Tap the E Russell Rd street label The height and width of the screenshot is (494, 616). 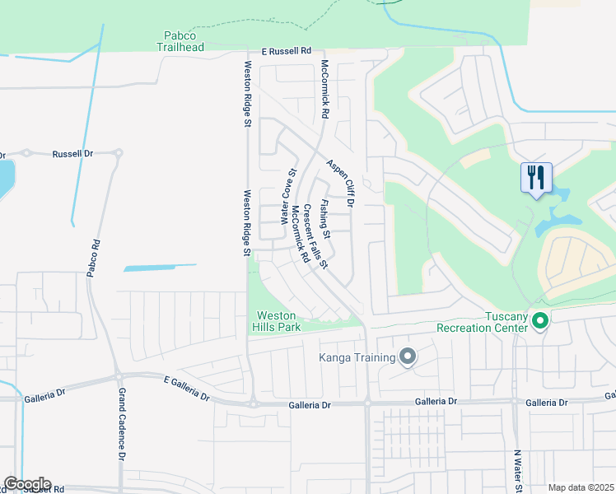click(x=286, y=51)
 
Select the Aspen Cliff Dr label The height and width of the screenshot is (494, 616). click(x=339, y=183)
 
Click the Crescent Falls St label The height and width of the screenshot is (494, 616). click(x=315, y=236)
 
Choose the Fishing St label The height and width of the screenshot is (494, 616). click(x=325, y=219)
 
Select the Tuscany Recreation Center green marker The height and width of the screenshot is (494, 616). click(x=540, y=320)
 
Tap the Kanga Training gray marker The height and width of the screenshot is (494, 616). click(x=407, y=357)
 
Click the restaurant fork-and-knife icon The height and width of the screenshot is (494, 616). click(x=535, y=176)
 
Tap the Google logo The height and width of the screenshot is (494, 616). click(x=26, y=484)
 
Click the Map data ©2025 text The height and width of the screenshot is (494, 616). click(x=581, y=487)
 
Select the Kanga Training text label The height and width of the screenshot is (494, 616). click(x=357, y=357)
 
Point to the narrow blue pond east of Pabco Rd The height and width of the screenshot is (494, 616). click(x=160, y=267)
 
